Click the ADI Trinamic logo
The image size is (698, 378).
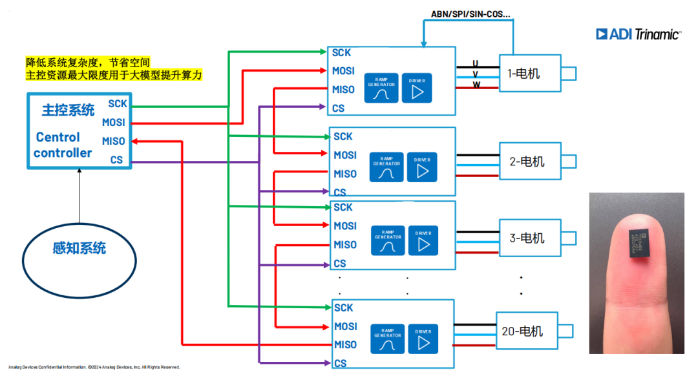click(638, 34)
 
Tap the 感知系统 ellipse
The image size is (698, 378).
click(79, 249)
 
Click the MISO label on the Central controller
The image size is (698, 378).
click(113, 141)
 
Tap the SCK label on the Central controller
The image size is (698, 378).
click(118, 103)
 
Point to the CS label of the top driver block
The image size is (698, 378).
click(338, 108)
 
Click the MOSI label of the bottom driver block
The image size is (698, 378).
click(345, 326)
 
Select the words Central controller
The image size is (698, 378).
click(63, 145)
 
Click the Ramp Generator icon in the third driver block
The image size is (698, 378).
click(388, 240)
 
